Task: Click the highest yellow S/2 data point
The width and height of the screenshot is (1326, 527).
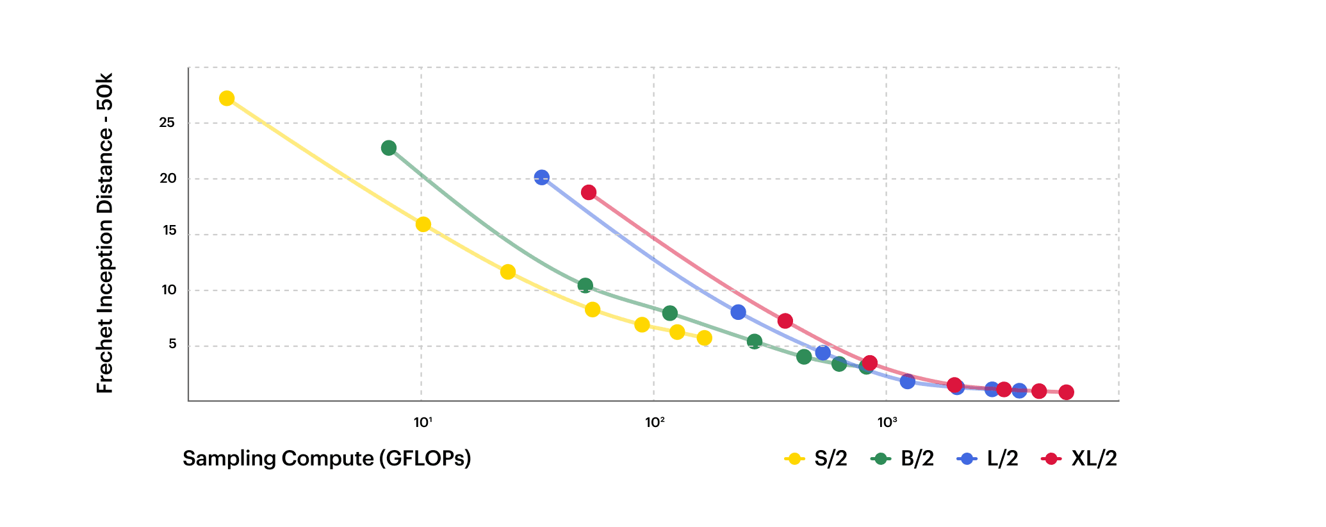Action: pyautogui.click(x=226, y=98)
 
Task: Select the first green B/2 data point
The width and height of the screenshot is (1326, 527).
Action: pyautogui.click(x=389, y=148)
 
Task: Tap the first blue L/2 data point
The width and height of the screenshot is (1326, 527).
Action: pyautogui.click(x=542, y=178)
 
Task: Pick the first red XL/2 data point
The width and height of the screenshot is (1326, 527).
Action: pyautogui.click(x=589, y=192)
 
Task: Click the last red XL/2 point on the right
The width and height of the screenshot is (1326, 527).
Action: pyautogui.click(x=1066, y=392)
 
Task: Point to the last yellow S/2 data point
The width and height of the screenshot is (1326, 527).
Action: pyautogui.click(x=704, y=338)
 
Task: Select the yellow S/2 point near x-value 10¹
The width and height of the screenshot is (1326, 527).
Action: pyautogui.click(x=423, y=224)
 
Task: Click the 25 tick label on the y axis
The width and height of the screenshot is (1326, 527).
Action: pyautogui.click(x=167, y=122)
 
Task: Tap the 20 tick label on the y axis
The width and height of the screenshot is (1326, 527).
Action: pyautogui.click(x=168, y=178)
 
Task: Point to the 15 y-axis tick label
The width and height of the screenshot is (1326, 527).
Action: pyautogui.click(x=169, y=231)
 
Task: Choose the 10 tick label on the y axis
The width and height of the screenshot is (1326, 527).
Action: pyautogui.click(x=168, y=290)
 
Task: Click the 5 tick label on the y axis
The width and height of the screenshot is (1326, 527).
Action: pyautogui.click(x=172, y=344)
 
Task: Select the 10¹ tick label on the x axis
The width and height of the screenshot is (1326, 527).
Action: pyautogui.click(x=422, y=422)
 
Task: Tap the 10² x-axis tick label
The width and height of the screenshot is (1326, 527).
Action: pyautogui.click(x=655, y=422)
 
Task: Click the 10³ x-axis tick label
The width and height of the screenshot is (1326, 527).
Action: pyautogui.click(x=887, y=422)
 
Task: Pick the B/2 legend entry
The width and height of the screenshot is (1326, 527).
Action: pyautogui.click(x=903, y=458)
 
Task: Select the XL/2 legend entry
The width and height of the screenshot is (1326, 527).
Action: pyautogui.click(x=1080, y=458)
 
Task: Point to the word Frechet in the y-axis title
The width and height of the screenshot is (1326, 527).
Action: pyautogui.click(x=104, y=356)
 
